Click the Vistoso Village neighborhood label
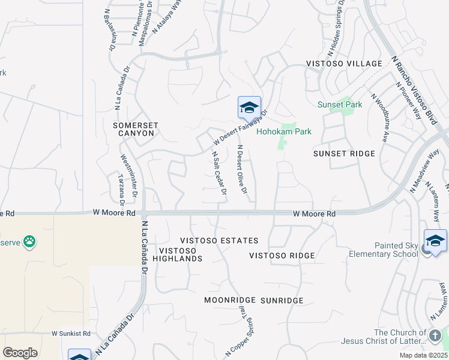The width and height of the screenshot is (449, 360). click(x=344, y=64)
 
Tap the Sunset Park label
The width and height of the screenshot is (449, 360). click(x=340, y=104)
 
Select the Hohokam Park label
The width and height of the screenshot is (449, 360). click(x=284, y=131)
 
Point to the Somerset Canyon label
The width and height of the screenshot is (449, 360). click(x=136, y=129)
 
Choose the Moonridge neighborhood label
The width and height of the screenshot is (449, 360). click(x=229, y=300)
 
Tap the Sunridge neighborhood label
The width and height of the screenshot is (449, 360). click(x=282, y=300)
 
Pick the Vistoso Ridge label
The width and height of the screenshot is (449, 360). click(x=282, y=256)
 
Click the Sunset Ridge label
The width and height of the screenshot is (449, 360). click(x=344, y=154)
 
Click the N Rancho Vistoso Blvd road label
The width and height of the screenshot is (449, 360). click(x=414, y=90)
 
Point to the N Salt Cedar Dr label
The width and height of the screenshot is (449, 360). click(x=218, y=173)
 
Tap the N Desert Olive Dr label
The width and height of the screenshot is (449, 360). click(x=242, y=169)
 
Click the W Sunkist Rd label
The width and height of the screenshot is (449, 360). click(x=71, y=334)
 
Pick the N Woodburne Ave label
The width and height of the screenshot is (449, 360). click(x=378, y=118)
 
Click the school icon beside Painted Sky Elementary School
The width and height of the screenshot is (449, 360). click(x=435, y=241)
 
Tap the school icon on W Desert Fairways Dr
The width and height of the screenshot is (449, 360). click(x=249, y=108)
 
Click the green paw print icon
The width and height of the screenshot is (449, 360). click(x=29, y=242)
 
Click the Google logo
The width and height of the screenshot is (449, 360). click(x=20, y=352)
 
